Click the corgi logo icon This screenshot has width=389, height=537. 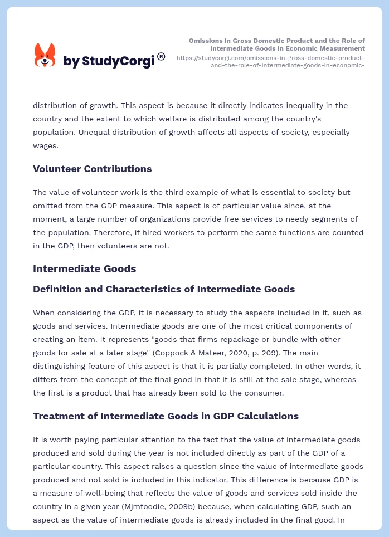click(x=45, y=56)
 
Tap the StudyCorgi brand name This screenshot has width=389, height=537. click(x=109, y=61)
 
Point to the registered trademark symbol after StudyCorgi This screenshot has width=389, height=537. click(x=161, y=56)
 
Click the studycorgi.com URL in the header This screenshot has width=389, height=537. click(x=270, y=61)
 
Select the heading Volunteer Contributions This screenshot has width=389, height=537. click(x=93, y=169)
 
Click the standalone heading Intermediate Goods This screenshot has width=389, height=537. click(x=84, y=268)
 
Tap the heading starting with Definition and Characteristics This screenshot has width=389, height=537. click(x=164, y=289)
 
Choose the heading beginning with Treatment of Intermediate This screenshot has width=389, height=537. click(x=166, y=416)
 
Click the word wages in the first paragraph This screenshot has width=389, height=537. click(x=46, y=145)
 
